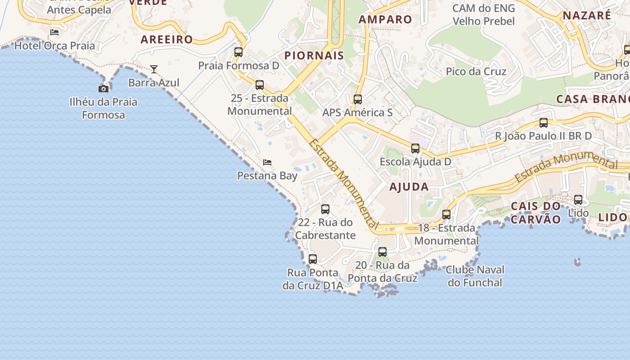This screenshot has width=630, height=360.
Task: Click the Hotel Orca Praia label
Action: [55, 45]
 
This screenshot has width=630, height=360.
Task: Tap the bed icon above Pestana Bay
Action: [267, 162]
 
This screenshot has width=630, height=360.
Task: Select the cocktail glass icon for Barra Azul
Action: [154, 69]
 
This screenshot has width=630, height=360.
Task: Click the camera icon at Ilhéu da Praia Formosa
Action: [103, 89]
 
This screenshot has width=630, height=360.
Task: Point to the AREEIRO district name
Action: [166, 40]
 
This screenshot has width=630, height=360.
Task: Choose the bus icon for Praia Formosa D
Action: [238, 52]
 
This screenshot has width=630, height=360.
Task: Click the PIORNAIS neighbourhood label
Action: [314, 56]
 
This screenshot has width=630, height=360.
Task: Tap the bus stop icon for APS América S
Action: [358, 99]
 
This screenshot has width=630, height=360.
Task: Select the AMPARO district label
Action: [385, 19]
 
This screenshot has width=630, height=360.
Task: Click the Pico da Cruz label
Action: [476, 72]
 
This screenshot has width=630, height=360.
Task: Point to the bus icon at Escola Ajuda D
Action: [415, 148]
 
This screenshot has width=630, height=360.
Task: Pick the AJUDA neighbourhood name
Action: [409, 187]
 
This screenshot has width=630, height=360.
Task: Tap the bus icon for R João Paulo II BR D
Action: [544, 122]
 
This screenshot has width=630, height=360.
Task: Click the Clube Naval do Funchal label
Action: [475, 276]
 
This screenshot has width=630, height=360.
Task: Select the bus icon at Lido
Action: [578, 199]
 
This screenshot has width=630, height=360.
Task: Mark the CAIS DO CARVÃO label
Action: [536, 213]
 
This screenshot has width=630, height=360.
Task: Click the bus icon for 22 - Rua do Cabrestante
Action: [325, 209]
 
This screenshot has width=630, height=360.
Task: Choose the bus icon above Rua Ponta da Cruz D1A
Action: [313, 259]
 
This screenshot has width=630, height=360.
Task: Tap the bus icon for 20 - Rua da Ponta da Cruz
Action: [382, 252]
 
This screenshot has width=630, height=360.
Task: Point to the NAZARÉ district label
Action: [587, 15]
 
